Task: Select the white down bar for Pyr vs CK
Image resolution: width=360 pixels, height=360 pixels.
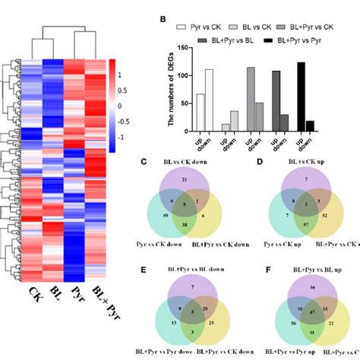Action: point(209,100)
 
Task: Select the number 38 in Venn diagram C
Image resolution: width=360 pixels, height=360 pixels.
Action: point(206,225)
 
